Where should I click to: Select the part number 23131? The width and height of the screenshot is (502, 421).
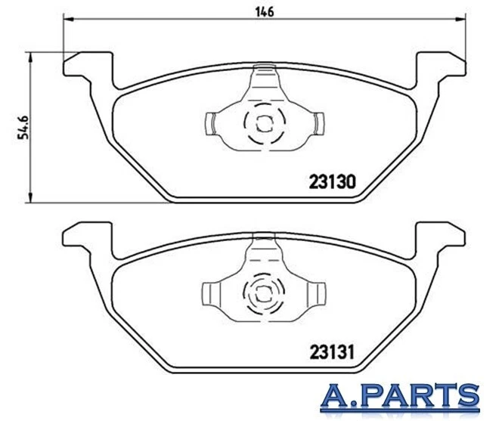[333, 352]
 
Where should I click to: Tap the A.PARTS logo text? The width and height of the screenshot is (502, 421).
[400, 397]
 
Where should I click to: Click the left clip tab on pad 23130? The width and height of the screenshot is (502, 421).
[212, 122]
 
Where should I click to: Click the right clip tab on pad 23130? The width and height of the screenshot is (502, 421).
[318, 122]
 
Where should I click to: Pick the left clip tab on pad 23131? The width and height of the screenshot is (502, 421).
[212, 292]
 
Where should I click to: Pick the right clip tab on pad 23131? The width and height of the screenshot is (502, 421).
[318, 292]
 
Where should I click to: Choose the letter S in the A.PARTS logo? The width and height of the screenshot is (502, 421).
[468, 397]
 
